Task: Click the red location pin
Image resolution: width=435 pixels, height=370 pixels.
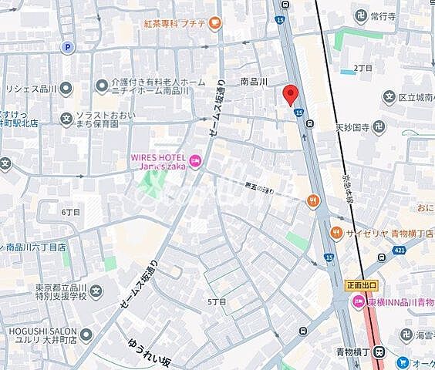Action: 290,94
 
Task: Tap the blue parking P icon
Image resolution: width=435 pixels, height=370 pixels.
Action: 68,47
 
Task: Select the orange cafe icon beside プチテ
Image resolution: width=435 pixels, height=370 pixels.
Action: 214,23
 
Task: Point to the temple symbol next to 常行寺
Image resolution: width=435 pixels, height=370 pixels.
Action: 351,15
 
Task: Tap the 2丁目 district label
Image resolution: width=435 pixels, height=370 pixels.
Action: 363,68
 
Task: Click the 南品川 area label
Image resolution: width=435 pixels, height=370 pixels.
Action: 255,80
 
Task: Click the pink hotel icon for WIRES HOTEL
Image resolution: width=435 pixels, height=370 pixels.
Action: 194,161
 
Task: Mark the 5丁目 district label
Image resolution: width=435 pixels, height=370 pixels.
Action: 217,301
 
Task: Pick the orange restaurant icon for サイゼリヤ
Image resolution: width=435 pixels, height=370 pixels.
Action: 336,232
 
